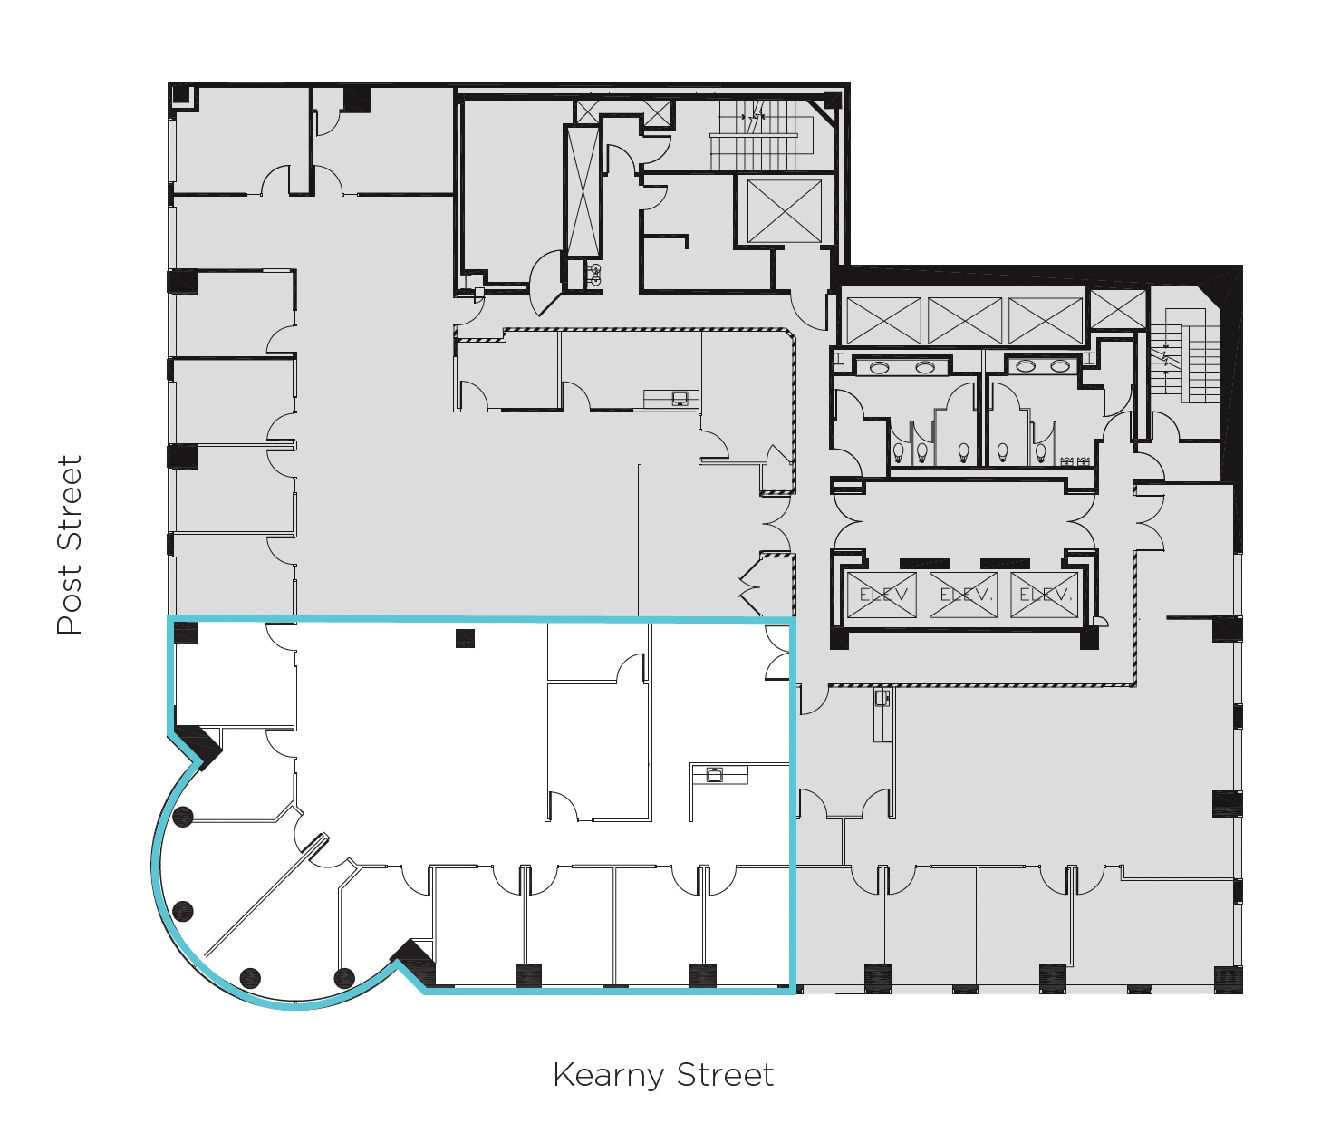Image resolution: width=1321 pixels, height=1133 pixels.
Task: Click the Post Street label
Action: [x=69, y=545]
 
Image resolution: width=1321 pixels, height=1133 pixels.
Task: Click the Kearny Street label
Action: [x=662, y=1075]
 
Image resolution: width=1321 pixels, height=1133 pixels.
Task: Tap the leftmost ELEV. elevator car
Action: [x=881, y=596]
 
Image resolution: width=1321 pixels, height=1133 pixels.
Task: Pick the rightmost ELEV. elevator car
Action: [x=1044, y=596]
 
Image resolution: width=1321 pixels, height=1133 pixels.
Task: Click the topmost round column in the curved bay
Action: [x=183, y=817]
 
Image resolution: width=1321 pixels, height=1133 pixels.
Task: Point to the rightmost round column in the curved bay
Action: [x=343, y=978]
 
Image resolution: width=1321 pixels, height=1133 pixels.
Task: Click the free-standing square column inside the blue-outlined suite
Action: [x=465, y=638]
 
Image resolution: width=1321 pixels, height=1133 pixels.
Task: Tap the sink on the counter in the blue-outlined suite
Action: [x=715, y=774]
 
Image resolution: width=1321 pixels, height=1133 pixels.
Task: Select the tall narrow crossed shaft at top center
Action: [x=582, y=191]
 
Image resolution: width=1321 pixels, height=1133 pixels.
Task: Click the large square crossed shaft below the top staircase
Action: [x=784, y=211]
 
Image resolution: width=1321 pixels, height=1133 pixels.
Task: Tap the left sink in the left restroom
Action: [x=878, y=367]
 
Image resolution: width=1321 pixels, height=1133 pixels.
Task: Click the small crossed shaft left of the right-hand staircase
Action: [x=1118, y=309]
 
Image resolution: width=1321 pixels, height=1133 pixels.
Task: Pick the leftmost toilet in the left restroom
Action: [x=898, y=450]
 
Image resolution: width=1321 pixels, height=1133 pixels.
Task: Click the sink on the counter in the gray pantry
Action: [x=679, y=397]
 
